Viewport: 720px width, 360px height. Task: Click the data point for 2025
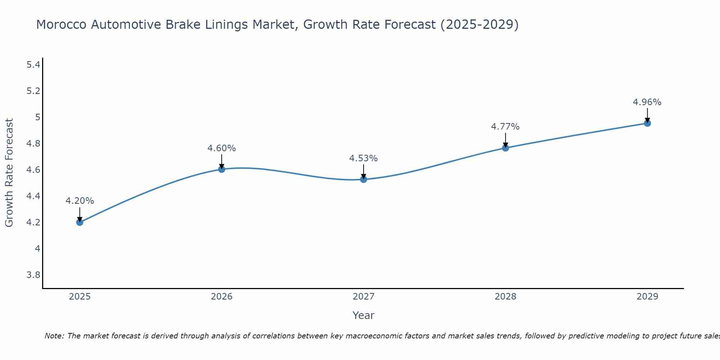[x=80, y=222]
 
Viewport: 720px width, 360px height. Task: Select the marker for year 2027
[x=364, y=179]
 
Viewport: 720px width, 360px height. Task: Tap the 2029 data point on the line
[x=647, y=123]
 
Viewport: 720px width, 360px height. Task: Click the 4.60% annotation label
[x=221, y=148]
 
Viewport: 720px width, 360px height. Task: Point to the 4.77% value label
[x=505, y=127]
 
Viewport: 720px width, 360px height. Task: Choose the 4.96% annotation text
[x=647, y=102]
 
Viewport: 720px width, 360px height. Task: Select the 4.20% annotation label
[x=80, y=201]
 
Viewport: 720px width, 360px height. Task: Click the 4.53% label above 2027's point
[x=363, y=158]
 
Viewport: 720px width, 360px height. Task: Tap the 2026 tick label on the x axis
[x=221, y=297]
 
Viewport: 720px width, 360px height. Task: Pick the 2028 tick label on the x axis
[x=505, y=297]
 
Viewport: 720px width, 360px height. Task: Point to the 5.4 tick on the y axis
[x=33, y=65]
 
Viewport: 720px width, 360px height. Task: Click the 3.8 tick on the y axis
[x=33, y=275]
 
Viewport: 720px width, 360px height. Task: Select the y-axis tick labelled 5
[x=37, y=117]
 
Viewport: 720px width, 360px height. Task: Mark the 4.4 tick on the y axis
[x=33, y=196]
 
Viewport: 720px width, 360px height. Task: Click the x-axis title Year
[x=363, y=315]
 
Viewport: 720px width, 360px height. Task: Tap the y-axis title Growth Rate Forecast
[x=9, y=173]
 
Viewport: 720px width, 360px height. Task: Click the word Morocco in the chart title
[x=61, y=25]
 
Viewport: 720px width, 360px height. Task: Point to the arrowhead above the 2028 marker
[x=505, y=144]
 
